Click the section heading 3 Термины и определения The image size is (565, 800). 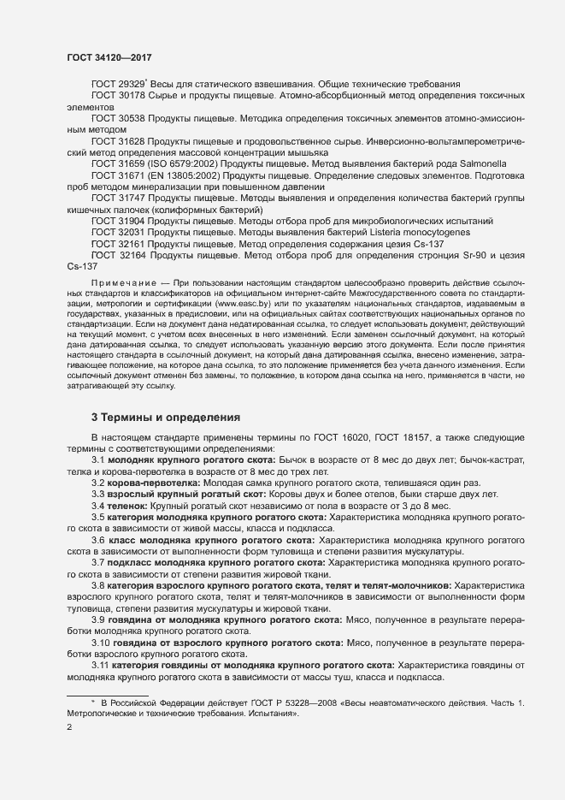click(165, 418)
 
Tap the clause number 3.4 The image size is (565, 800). click(98, 507)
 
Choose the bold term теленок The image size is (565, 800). click(130, 507)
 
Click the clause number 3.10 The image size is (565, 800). click(101, 642)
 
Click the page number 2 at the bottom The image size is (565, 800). click(70, 728)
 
